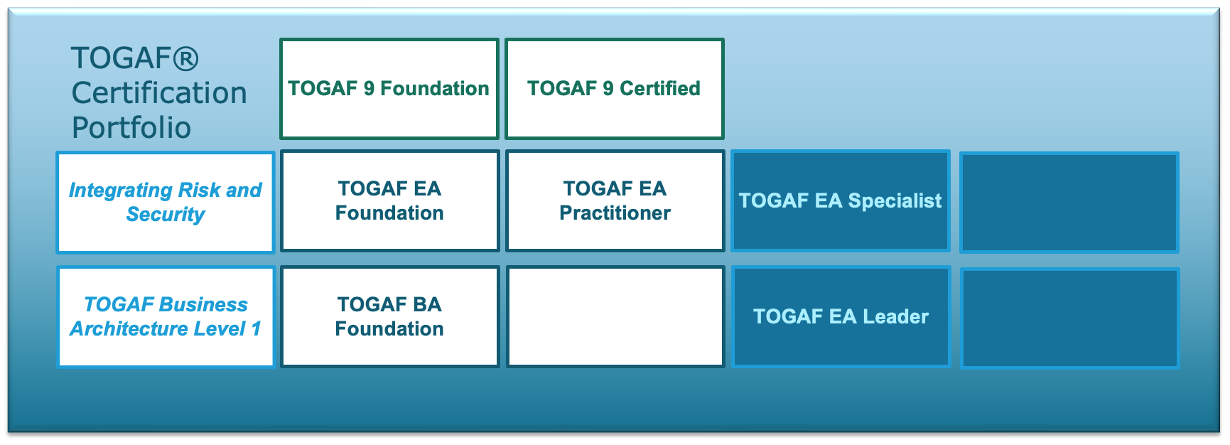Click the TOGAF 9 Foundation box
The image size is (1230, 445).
tap(389, 89)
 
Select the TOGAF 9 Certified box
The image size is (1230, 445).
tap(615, 89)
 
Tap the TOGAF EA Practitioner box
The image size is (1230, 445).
tap(615, 200)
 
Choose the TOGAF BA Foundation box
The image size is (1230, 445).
tap(390, 316)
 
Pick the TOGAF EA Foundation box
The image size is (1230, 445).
tap(390, 200)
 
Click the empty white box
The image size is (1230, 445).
tap(615, 316)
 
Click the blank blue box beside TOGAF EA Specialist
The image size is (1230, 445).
tap(1069, 202)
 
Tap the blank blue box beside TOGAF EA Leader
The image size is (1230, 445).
tap(1069, 318)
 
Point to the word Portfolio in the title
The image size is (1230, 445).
tap(131, 128)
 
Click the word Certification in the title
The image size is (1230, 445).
tap(159, 93)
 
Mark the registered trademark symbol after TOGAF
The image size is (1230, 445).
tap(185, 58)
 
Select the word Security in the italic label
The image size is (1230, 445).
tap(166, 215)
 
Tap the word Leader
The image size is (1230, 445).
tap(895, 316)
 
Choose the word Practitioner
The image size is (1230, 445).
tap(615, 213)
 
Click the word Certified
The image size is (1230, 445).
tap(660, 88)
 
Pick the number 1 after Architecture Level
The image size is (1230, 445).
tap(257, 328)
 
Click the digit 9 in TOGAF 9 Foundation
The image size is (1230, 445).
tap(369, 88)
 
